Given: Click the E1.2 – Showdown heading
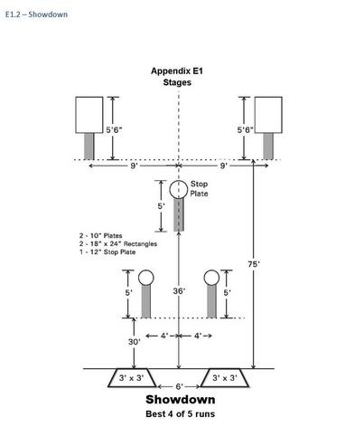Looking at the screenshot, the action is pyautogui.click(x=36, y=14).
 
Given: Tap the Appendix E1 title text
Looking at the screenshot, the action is pyautogui.click(x=177, y=71).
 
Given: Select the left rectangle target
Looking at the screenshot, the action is pyautogui.click(x=89, y=115).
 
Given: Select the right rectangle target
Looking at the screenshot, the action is pyautogui.click(x=268, y=115).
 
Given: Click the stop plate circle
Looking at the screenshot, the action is pyautogui.click(x=179, y=189).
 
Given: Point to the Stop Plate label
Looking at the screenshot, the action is pyautogui.click(x=199, y=189).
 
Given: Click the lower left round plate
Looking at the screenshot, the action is pyautogui.click(x=146, y=278).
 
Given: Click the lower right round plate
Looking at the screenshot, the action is pyautogui.click(x=211, y=278).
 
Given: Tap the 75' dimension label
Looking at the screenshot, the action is pyautogui.click(x=254, y=264).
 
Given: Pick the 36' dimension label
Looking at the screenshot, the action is pyautogui.click(x=179, y=291).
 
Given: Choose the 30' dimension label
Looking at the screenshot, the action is pyautogui.click(x=135, y=342).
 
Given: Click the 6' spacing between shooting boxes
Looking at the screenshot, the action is pyautogui.click(x=179, y=386).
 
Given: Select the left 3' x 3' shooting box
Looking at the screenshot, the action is pyautogui.click(x=132, y=378).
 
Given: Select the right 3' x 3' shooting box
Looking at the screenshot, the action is pyautogui.click(x=225, y=378).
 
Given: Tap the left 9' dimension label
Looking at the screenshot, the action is pyautogui.click(x=134, y=166).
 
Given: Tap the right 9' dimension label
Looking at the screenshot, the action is pyautogui.click(x=223, y=166).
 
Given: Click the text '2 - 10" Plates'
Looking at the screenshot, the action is pyautogui.click(x=101, y=235).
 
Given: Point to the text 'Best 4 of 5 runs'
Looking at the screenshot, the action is pyautogui.click(x=180, y=413).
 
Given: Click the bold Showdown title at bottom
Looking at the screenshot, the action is pyautogui.click(x=181, y=400).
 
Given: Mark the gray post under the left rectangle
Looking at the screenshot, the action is pyautogui.click(x=89, y=147).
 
